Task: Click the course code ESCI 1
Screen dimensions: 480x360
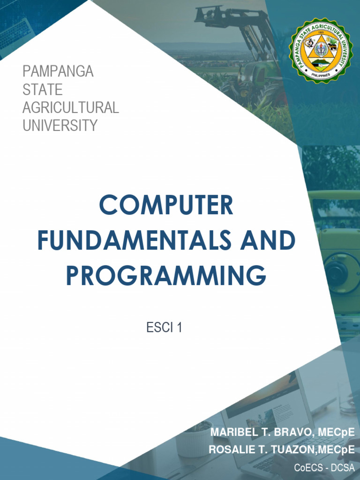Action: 164,328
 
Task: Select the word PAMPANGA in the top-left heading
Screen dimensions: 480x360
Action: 58,72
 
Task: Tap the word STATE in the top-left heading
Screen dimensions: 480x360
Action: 43,90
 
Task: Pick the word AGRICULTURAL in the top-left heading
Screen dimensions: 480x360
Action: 71,107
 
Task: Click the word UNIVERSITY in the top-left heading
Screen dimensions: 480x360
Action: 60,125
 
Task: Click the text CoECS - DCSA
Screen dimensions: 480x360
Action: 324,467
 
